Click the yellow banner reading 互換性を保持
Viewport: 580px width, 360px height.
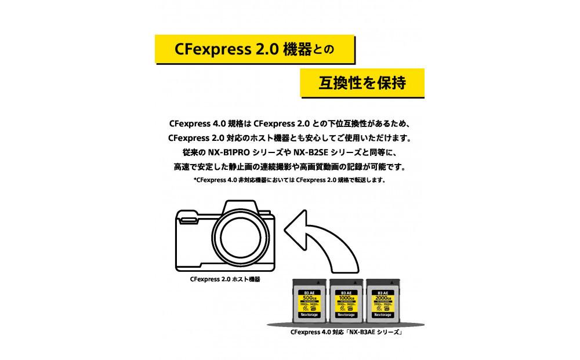[x=362, y=83]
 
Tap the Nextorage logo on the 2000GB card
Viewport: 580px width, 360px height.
[x=383, y=315]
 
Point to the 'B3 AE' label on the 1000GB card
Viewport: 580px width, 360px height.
[x=346, y=293]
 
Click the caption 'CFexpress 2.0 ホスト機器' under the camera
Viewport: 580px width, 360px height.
[x=224, y=279]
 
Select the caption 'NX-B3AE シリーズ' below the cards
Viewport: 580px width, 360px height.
[x=375, y=333]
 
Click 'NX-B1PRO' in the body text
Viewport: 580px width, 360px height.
[x=228, y=152]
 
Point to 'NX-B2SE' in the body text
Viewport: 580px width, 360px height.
[x=314, y=152]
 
